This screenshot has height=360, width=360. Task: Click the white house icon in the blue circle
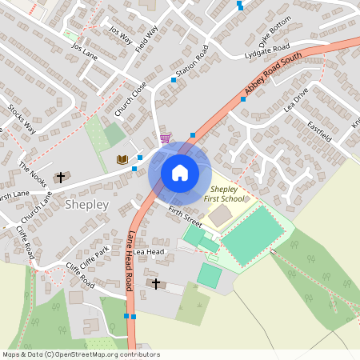[180, 173]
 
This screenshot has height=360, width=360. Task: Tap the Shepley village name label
[86, 205]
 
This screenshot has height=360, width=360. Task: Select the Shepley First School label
[224, 193]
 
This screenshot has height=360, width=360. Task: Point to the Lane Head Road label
[130, 262]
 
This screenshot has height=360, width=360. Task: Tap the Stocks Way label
[22, 117]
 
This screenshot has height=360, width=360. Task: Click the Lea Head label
[148, 251]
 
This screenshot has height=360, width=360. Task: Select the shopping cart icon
[165, 138]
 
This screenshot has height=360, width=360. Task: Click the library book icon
[122, 160]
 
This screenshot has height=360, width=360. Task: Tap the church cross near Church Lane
[60, 176]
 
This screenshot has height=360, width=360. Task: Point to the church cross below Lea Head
[156, 284]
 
